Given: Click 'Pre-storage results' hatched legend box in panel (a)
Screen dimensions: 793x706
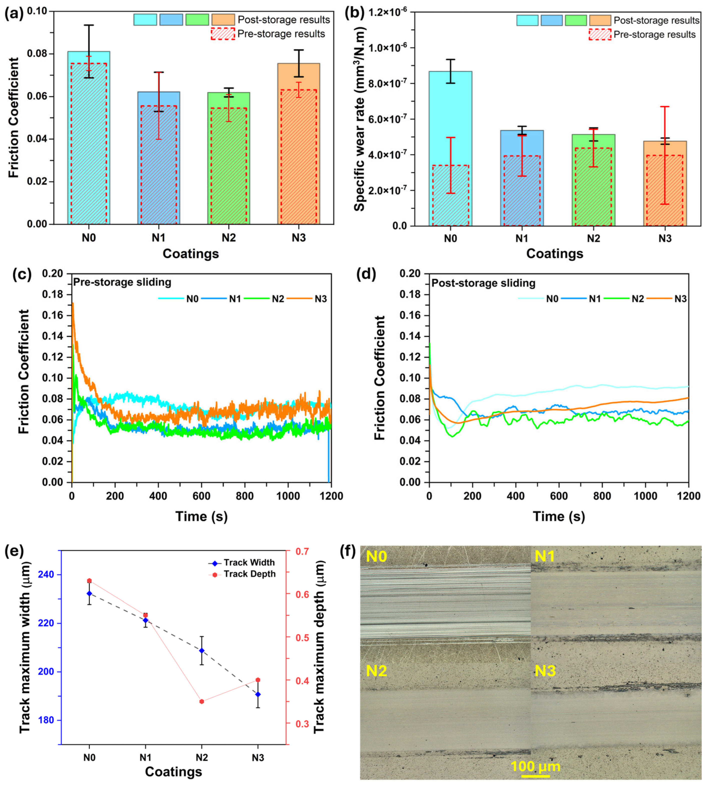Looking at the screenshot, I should [x=223, y=34].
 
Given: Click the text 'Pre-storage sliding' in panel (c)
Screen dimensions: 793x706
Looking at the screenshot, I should [x=122, y=282].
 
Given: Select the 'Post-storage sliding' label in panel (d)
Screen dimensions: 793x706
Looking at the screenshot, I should [x=484, y=283].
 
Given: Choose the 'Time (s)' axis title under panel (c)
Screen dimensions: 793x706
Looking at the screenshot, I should [x=201, y=516].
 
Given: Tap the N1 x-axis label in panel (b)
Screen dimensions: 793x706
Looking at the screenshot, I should [x=522, y=238].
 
